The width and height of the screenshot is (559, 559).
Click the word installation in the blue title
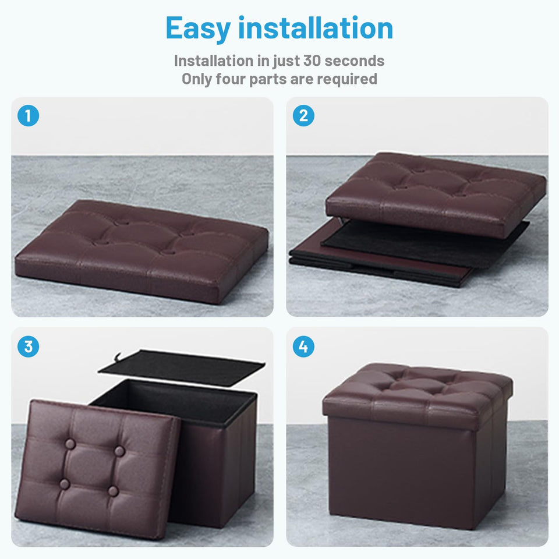pos(316,28)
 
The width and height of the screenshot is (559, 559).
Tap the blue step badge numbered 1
pos(28,116)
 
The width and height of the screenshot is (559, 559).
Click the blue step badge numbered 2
pos(303,116)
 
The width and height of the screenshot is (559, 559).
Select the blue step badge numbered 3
pos(28,346)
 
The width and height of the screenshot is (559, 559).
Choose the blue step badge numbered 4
pos(303,346)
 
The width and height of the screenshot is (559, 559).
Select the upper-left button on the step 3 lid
pos(70,444)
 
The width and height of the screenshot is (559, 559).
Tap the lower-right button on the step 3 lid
pos(113,491)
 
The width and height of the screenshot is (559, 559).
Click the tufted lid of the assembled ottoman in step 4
pos(417,390)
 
